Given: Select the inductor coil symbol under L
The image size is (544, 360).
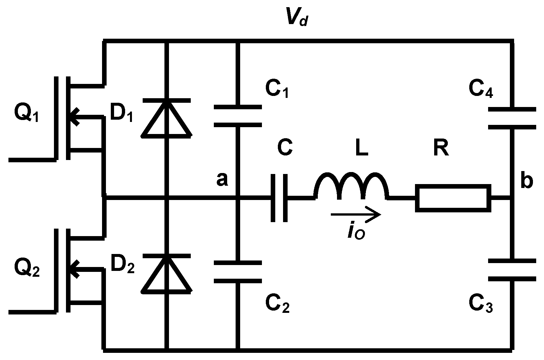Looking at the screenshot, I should (x=351, y=187).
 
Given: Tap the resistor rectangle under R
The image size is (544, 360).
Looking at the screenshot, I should (x=453, y=198).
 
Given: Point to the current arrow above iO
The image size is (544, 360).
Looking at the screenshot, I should (x=356, y=215).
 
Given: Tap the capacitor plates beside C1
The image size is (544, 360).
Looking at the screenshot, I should (x=238, y=115).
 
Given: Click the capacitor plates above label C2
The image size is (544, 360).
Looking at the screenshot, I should (x=238, y=272).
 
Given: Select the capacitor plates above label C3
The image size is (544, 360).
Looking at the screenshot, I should (x=512, y=270).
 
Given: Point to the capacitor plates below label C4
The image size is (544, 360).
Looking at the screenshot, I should (x=512, y=118).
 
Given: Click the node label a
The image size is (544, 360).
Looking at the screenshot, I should (x=222, y=180).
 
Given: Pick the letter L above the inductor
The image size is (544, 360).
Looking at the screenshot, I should (x=361, y=149).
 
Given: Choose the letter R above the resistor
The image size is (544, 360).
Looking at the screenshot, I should (x=441, y=149).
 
